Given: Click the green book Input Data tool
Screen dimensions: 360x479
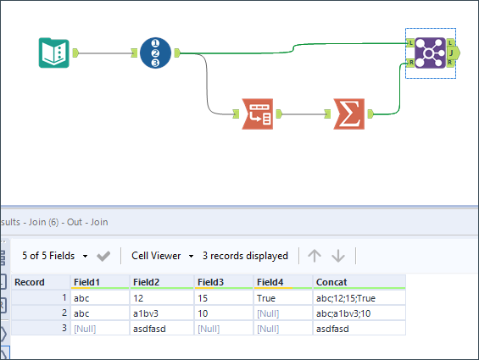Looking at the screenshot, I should (54, 53).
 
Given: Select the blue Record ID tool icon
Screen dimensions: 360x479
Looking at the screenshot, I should (155, 53).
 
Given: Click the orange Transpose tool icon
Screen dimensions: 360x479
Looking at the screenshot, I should (257, 114).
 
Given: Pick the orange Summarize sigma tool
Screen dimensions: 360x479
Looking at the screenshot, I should (345, 114).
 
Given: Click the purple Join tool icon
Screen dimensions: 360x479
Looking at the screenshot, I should (431, 53).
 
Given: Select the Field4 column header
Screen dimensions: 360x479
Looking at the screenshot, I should (270, 282).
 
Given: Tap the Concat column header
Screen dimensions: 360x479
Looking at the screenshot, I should (331, 282).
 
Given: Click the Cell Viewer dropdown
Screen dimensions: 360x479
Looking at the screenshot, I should (162, 255).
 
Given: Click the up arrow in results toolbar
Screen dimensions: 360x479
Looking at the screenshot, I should (315, 255).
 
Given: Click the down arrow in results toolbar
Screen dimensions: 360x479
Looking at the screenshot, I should (338, 255).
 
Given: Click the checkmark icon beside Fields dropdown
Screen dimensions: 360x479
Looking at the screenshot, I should (103, 255).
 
